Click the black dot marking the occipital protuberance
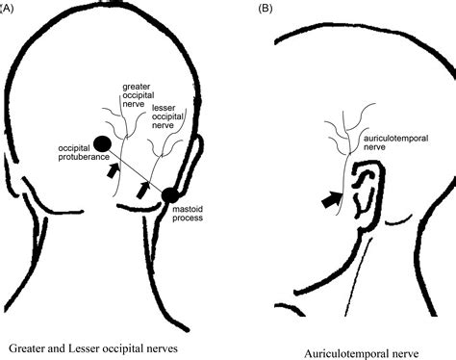[x=102, y=145]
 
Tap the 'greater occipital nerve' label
[x=135, y=96]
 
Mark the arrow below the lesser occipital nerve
[x=142, y=191]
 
